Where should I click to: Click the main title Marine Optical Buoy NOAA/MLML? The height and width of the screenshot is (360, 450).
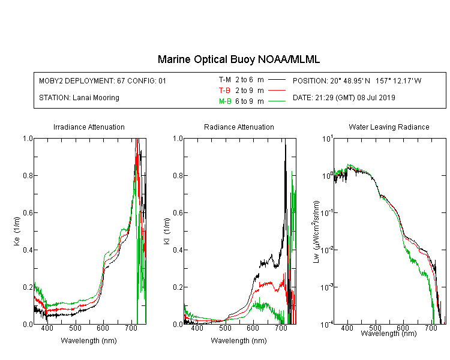pos(238,59)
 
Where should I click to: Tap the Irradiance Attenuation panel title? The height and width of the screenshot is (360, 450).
pos(89,127)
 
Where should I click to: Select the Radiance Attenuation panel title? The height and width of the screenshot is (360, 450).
pos(239,127)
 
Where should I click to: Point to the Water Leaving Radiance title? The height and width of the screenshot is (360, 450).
pos(389,127)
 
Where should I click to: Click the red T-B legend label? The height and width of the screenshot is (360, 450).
pos(224,91)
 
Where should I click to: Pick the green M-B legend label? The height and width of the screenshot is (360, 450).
pos(225,101)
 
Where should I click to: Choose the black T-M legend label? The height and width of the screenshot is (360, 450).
pos(225,80)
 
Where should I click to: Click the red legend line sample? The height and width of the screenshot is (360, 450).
pos(277,91)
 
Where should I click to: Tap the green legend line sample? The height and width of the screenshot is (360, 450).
pos(277,101)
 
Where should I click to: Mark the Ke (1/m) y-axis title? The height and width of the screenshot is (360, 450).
pos(17,231)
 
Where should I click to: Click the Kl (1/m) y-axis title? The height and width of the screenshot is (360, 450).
pos(167,231)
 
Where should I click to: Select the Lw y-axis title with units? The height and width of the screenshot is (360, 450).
pos(316,232)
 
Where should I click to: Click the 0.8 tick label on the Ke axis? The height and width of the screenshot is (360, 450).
pos(28,175)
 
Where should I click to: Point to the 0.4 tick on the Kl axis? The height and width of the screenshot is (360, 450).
pos(178,250)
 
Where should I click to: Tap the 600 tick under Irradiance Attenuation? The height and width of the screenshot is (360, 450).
pos(103,328)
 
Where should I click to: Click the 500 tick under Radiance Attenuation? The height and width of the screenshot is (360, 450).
pos(225,328)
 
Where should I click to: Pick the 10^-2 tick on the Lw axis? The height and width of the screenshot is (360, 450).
pos(327,250)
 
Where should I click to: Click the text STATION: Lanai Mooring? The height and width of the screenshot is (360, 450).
pos(79,98)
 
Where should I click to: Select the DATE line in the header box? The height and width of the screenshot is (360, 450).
pos(344,98)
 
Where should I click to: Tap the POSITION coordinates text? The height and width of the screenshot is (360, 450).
pos(357,80)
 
